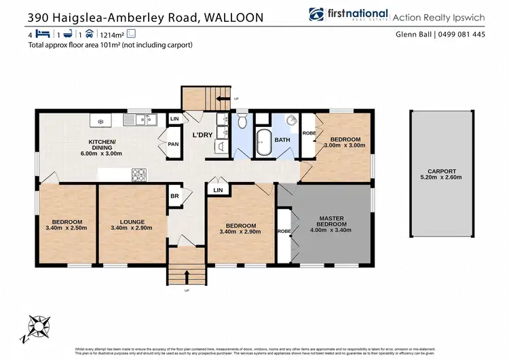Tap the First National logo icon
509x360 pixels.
pos(315,14)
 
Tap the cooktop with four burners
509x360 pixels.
pos(139,175)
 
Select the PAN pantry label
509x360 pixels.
pos(173,144)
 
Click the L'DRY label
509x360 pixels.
pos(203,134)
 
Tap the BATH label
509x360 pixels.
pos(283,140)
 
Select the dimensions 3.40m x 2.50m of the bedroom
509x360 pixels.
pos(69,228)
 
